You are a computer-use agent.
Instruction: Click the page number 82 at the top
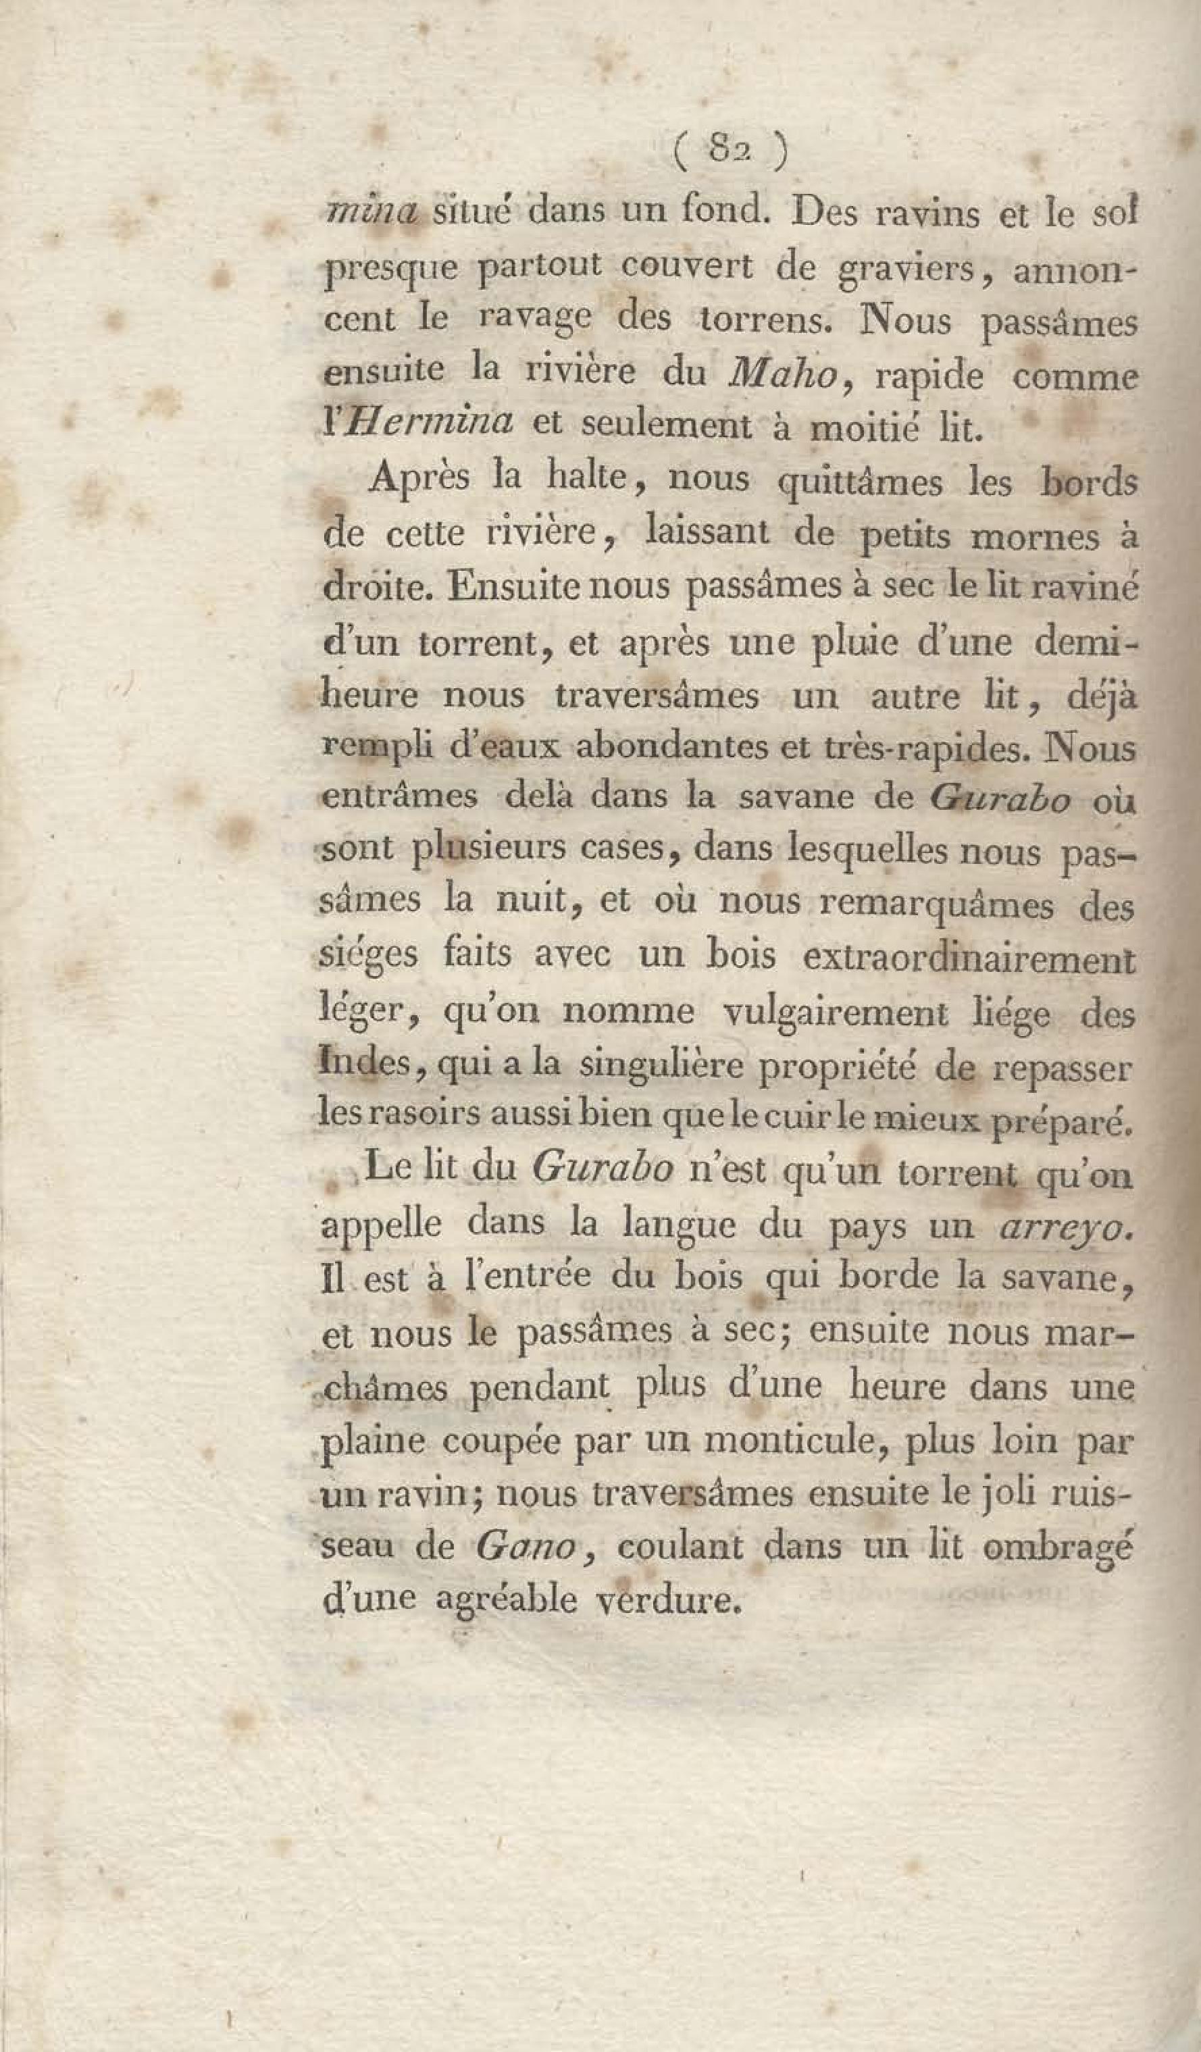(x=730, y=151)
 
